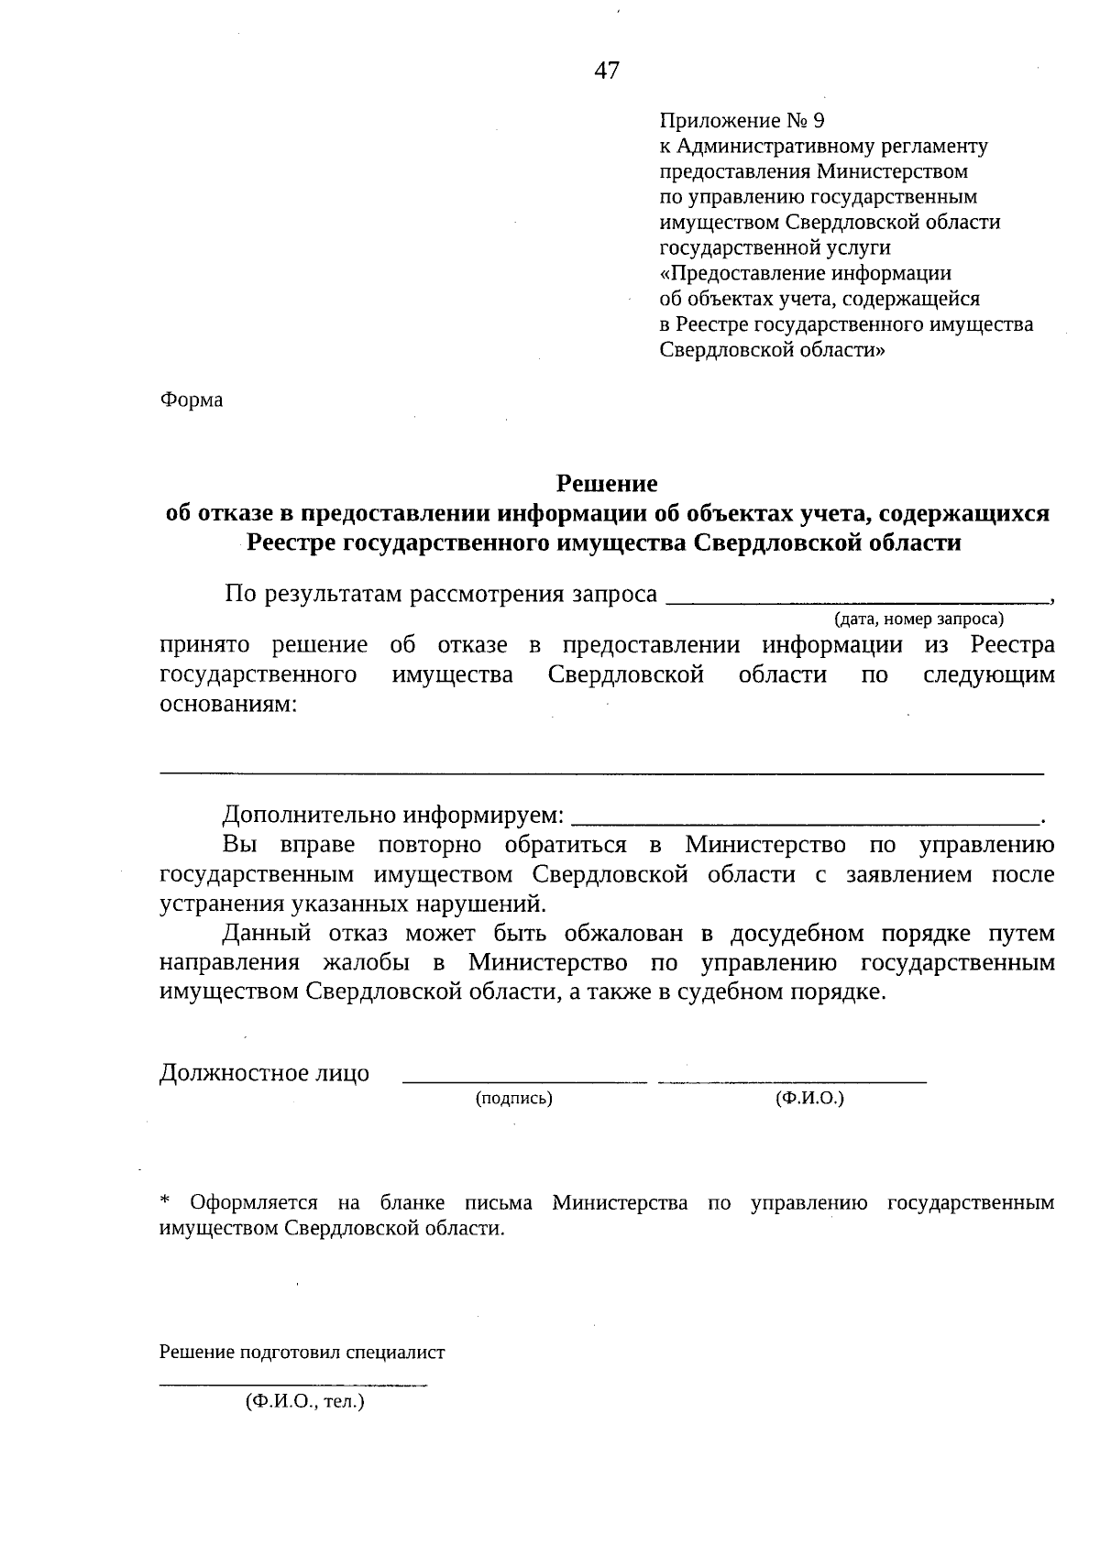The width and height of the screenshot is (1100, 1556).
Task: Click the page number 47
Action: point(607,71)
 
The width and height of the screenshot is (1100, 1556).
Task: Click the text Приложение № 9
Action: point(742,121)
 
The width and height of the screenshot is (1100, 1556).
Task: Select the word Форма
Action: point(192,400)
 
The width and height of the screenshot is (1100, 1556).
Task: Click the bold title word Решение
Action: point(608,483)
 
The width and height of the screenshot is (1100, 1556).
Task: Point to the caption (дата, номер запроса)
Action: point(918,619)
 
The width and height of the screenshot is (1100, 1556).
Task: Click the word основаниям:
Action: point(228,705)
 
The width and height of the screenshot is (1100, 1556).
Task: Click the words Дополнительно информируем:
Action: point(393,815)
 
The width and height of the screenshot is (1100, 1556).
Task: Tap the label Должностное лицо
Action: point(264,1073)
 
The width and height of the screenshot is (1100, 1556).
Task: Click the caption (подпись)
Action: point(513,1098)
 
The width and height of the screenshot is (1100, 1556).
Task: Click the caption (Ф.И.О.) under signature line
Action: point(809,1098)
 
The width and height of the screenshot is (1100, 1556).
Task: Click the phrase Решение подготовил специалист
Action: point(302,1353)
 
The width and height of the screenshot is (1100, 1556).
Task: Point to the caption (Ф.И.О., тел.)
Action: point(304,1401)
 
